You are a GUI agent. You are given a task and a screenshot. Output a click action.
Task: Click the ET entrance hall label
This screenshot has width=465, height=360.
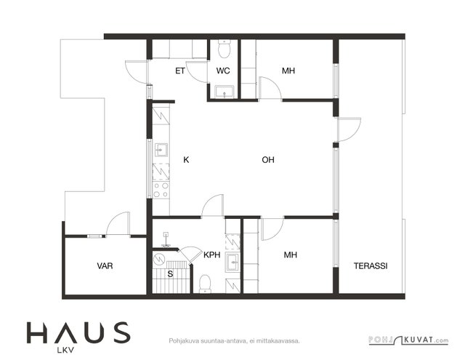(x=180, y=71)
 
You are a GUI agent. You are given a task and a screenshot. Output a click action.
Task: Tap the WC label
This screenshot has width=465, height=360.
(x=223, y=71)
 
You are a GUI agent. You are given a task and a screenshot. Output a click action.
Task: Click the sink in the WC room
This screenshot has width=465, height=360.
(x=225, y=92)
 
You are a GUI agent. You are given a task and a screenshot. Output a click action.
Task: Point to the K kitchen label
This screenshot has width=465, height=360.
(x=186, y=160)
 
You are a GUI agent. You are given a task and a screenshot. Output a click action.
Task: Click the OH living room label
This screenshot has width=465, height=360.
(x=268, y=160)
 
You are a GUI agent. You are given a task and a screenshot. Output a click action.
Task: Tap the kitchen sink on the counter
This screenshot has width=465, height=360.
(x=161, y=150)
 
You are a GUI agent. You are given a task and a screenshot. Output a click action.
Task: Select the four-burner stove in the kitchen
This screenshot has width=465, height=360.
(x=161, y=190)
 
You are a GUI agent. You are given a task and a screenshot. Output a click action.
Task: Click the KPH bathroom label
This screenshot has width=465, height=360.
(x=212, y=255)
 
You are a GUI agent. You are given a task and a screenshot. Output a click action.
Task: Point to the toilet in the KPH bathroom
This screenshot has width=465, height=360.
(x=205, y=284)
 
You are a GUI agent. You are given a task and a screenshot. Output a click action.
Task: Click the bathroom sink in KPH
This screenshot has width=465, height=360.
(x=232, y=262)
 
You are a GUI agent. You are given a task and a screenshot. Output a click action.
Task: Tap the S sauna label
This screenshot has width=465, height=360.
(x=170, y=274)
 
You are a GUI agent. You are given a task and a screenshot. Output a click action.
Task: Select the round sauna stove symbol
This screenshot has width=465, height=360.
(x=159, y=259)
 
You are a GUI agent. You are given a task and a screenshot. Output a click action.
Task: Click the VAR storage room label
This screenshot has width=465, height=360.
(x=105, y=266)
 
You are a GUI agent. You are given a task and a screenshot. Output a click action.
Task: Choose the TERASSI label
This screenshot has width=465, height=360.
(x=371, y=266)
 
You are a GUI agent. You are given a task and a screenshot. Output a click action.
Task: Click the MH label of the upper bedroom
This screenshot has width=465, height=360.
(x=288, y=71)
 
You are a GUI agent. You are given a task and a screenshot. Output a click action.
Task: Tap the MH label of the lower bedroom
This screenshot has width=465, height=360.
(x=291, y=255)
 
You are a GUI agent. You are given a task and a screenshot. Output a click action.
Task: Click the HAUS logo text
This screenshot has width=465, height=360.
(x=78, y=332)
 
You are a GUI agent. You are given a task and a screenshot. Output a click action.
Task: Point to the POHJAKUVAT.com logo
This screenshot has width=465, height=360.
(x=408, y=340)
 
